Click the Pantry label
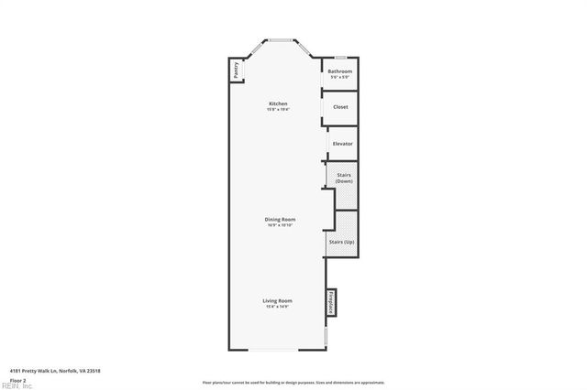236,70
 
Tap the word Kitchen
278,103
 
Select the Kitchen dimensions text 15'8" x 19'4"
278,109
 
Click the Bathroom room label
340,71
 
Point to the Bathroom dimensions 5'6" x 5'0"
340,77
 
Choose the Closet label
340,107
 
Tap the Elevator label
342,144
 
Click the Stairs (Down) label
343,178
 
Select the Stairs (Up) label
341,242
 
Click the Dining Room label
279,220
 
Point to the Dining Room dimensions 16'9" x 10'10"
279,225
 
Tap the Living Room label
278,300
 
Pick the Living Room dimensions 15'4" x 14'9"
278,307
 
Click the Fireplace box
330,302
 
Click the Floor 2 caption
17,379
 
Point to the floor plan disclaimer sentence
293,383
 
